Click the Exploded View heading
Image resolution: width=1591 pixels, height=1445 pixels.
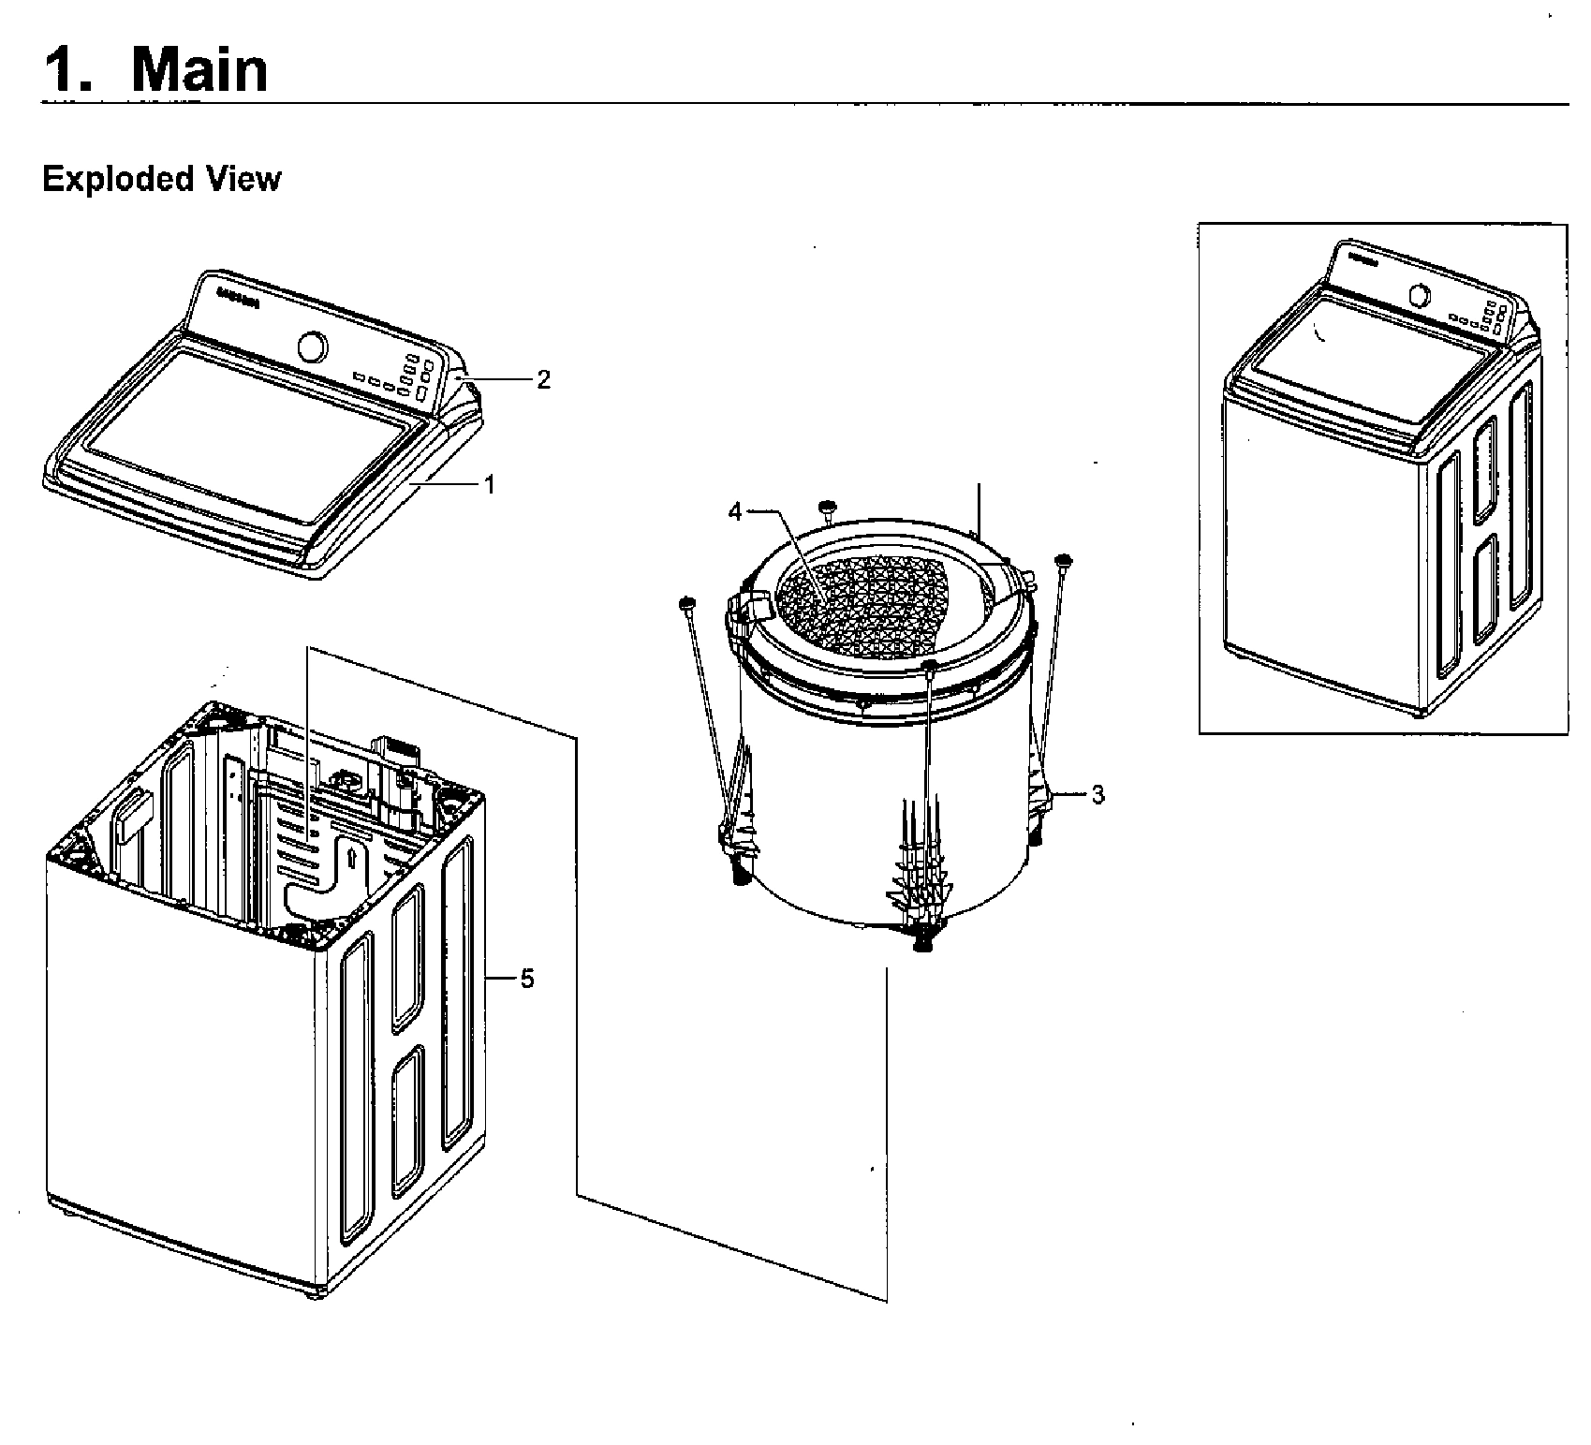(161, 178)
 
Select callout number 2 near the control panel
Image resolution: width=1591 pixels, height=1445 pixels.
(543, 378)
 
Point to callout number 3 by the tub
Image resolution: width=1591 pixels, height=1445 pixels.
(1097, 795)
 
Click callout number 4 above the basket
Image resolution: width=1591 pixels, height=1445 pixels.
(735, 511)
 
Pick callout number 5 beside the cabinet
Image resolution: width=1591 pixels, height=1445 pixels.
(527, 979)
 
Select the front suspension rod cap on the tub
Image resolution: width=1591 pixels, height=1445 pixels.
(930, 665)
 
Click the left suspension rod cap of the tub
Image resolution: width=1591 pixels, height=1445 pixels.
(686, 601)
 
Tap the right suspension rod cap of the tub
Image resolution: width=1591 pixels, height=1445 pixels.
(1064, 560)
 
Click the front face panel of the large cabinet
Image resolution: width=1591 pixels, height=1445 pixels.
(187, 1049)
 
